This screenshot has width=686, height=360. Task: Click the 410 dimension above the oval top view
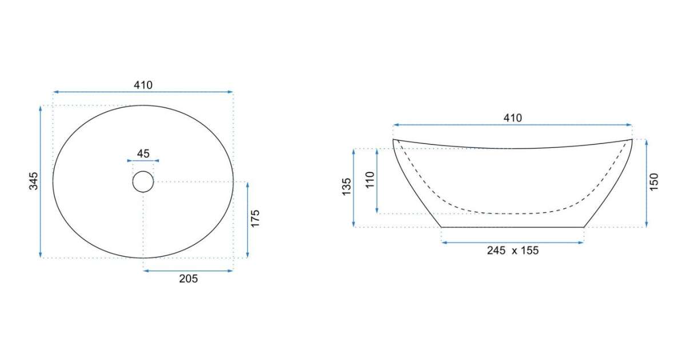click(143, 85)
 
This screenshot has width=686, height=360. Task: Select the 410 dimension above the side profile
click(513, 118)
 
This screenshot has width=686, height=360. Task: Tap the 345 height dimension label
click(34, 181)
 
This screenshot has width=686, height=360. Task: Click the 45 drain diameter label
click(143, 154)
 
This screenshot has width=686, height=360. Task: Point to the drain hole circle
click(143, 171)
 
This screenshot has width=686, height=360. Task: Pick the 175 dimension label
click(255, 218)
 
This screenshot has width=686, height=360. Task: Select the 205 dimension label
click(188, 279)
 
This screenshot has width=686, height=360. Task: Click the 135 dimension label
click(346, 187)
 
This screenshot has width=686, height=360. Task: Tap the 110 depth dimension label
click(370, 179)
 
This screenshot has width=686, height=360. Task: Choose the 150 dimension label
click(653, 182)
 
